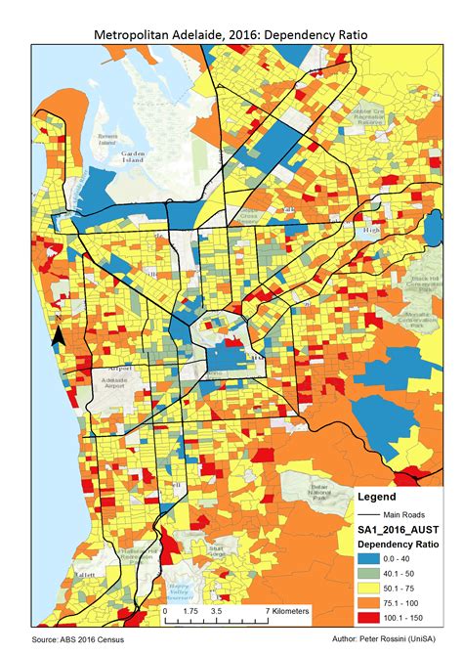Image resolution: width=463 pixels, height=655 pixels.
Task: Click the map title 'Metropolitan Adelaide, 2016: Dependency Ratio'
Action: pyautogui.click(x=231, y=33)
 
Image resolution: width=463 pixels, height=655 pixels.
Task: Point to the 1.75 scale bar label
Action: pyautogui.click(x=189, y=611)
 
